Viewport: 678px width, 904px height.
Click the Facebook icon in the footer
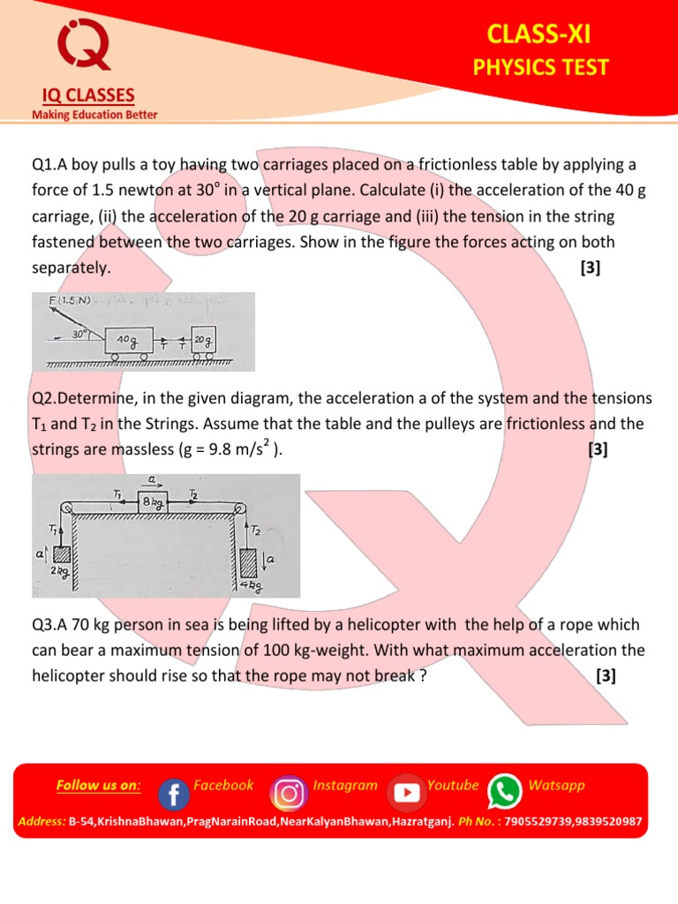pos(173,794)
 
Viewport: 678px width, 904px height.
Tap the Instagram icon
pos(288,793)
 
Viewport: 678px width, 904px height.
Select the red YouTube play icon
pos(406,793)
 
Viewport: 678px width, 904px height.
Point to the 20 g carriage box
pos(204,340)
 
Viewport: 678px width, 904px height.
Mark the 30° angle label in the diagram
pos(81,335)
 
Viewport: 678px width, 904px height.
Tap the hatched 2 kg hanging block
pos(61,556)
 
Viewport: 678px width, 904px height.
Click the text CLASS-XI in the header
pos(539,34)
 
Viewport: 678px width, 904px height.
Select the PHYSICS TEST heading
pos(540,67)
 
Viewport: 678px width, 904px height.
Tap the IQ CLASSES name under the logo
pos(83,95)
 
